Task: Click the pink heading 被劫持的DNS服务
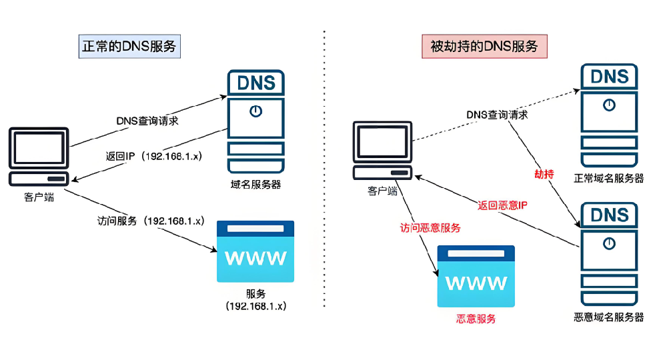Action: [x=484, y=47]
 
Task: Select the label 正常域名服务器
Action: [x=609, y=178]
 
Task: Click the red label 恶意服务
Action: [x=476, y=319]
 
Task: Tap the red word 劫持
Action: [x=544, y=174]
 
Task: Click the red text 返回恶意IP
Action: [x=503, y=205]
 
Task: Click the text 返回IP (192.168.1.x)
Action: [x=154, y=156]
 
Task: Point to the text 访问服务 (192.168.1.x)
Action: [x=151, y=220]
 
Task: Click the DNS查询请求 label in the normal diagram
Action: [x=147, y=121]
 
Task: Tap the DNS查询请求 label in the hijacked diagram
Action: [x=498, y=114]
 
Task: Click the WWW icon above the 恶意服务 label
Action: [x=476, y=275]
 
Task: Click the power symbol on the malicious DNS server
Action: [x=609, y=244]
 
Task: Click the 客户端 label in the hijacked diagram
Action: [x=382, y=191]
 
